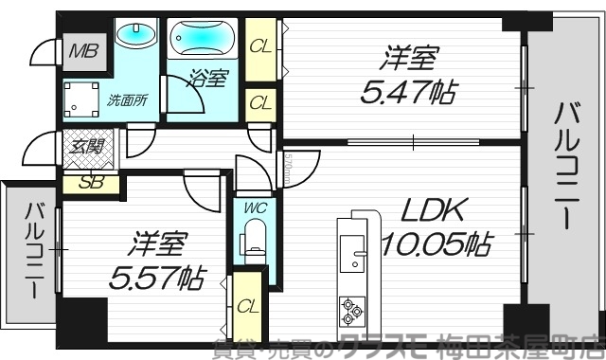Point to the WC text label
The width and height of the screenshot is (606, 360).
click(x=253, y=207)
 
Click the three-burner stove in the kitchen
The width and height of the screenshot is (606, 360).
click(x=350, y=308)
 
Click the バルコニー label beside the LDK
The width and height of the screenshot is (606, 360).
click(x=565, y=165)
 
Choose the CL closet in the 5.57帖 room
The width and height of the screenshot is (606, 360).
click(x=247, y=305)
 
